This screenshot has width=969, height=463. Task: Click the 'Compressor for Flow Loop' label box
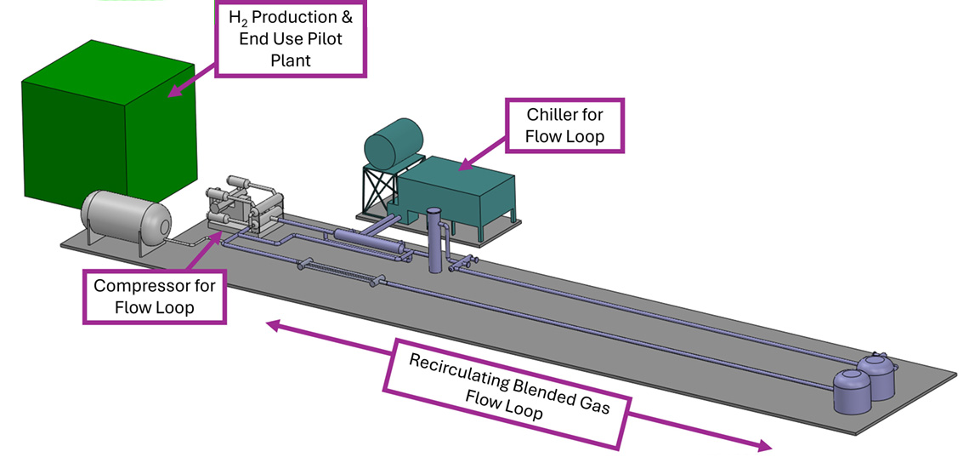[x=155, y=296]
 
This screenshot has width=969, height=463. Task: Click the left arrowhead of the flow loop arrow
[x=271, y=324]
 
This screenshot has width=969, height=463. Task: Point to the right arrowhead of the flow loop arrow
[x=764, y=446]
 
